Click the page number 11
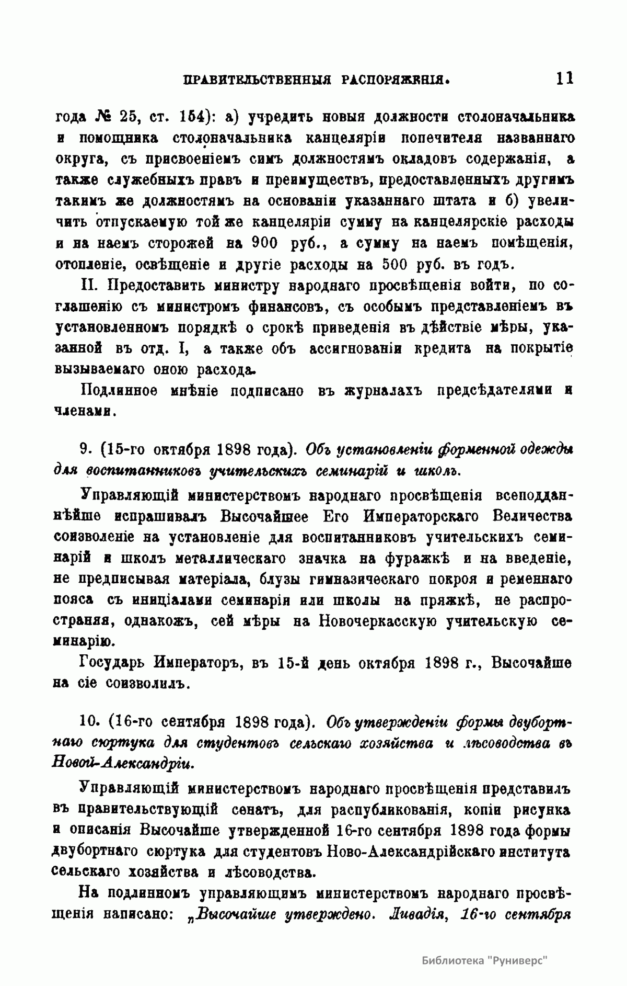point(565,78)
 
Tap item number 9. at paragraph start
point(86,450)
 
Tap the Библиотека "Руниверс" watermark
point(483,961)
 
